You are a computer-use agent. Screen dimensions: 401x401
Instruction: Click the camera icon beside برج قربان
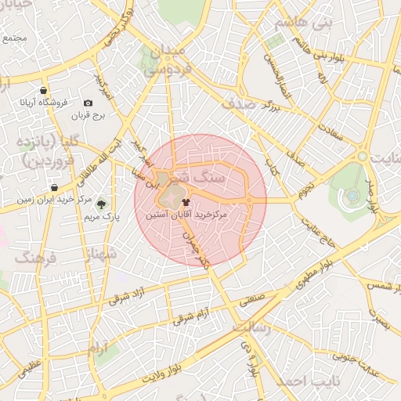[87, 103]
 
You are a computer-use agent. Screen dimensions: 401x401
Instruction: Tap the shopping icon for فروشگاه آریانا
[42, 90]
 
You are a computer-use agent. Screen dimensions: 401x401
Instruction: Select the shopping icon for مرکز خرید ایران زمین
[53, 187]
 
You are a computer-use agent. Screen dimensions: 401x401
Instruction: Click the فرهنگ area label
[36, 258]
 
